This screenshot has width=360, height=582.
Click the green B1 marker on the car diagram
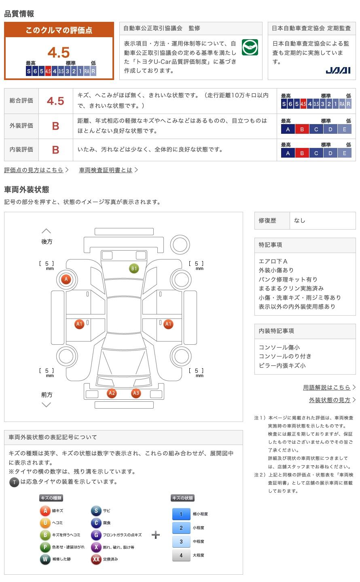click(x=134, y=268)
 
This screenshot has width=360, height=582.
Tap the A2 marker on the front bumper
click(x=112, y=393)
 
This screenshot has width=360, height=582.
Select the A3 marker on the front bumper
click(x=136, y=393)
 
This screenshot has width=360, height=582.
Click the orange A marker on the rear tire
click(x=66, y=279)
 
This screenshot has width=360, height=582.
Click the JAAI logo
click(x=338, y=70)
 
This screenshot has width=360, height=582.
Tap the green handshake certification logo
click(x=250, y=47)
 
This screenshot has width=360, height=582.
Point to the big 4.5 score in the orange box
click(x=59, y=53)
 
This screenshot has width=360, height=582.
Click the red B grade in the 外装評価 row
click(x=55, y=126)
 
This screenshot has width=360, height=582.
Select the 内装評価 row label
click(x=21, y=150)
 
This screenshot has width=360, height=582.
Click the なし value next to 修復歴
click(x=299, y=221)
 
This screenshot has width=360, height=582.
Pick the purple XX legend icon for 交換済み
click(x=96, y=559)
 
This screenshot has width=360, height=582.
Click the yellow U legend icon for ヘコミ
click(x=45, y=523)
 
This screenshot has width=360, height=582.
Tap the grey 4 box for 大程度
click(x=181, y=555)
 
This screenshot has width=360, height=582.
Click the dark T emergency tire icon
click(x=14, y=482)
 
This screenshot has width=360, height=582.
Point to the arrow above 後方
click(x=46, y=231)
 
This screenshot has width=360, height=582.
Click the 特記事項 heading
click(x=270, y=245)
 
